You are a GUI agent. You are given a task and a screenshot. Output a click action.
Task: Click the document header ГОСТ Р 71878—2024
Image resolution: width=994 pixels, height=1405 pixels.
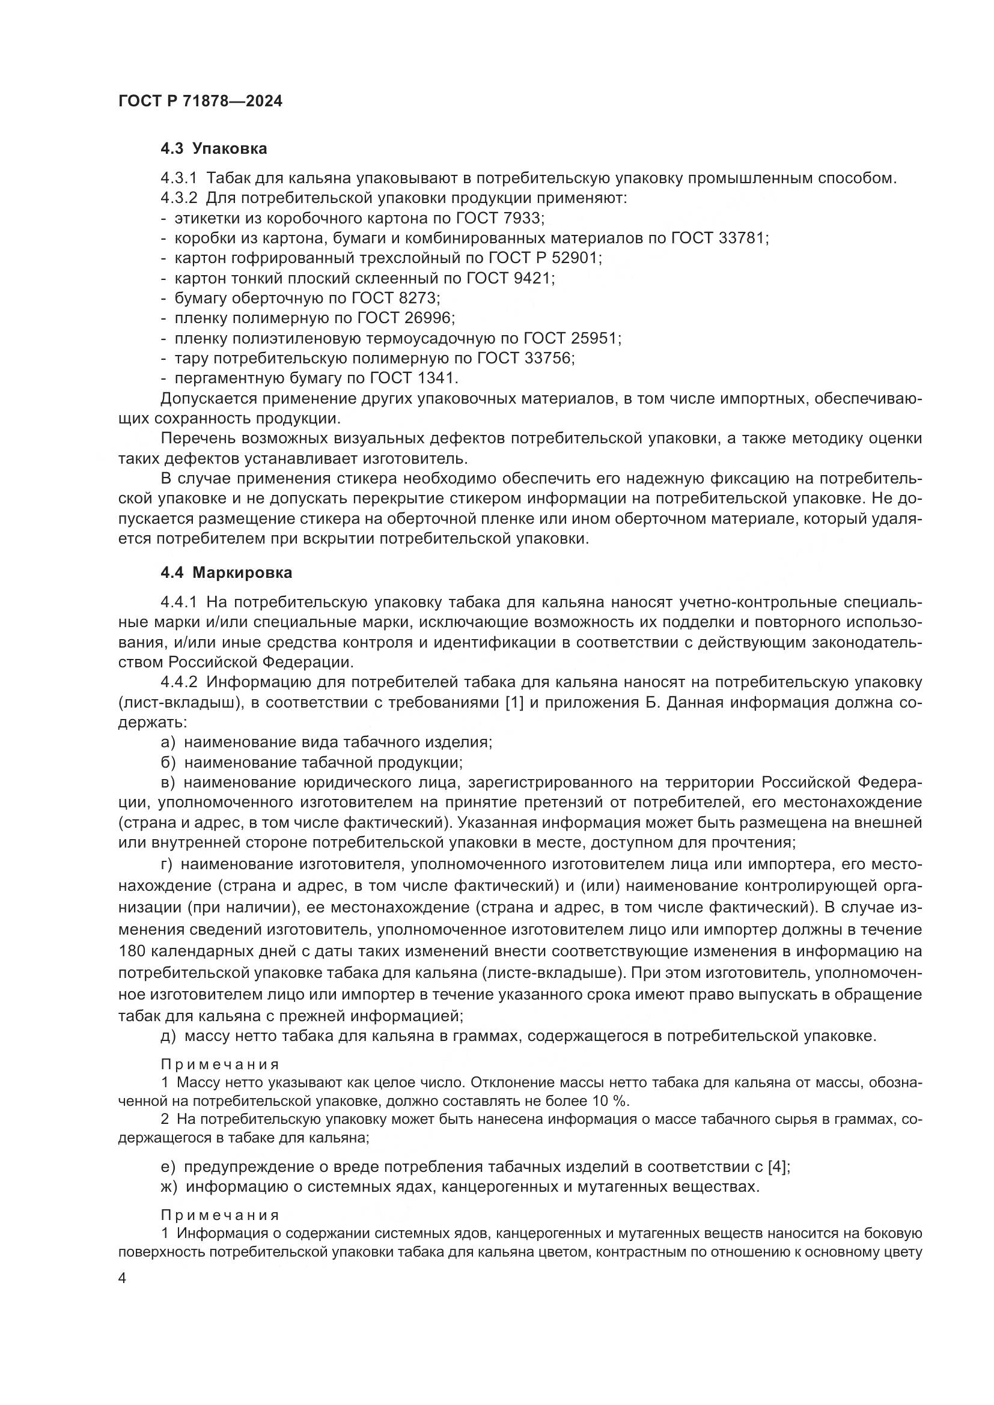[200, 102]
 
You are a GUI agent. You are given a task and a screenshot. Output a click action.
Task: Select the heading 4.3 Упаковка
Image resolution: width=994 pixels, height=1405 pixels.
[213, 149]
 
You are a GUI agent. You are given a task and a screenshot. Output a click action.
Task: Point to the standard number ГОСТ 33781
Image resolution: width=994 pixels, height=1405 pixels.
[719, 238]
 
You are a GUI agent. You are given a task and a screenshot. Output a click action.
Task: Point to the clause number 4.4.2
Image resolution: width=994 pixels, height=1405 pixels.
[178, 682]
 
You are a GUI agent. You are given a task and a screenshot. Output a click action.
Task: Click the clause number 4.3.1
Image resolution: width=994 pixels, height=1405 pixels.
[178, 178]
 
